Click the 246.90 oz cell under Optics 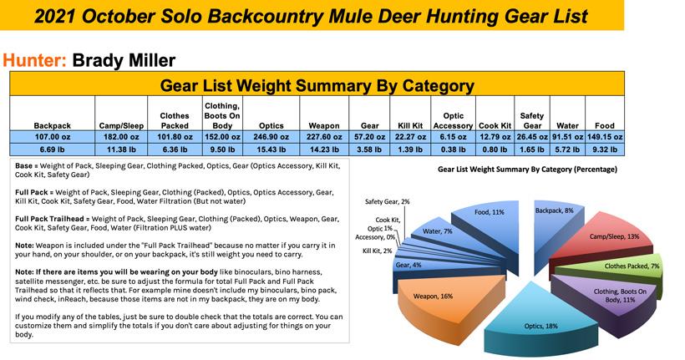click(271, 136)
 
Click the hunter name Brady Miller click(124, 60)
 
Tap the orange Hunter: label click(35, 60)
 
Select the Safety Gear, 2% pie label click(386, 201)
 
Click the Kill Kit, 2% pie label click(378, 250)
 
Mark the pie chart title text click(527, 169)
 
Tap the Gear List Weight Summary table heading click(317, 84)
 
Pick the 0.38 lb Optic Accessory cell click(453, 150)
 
